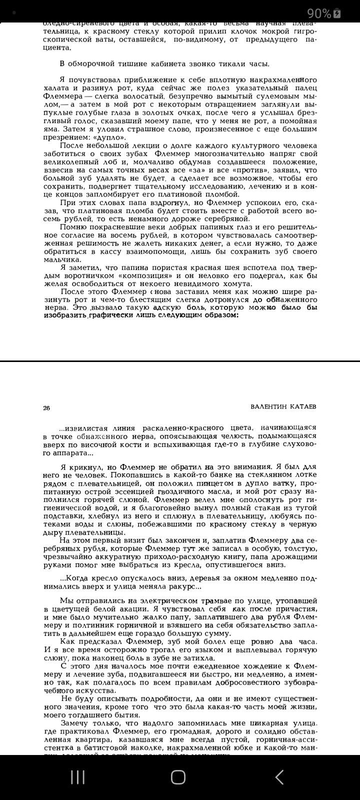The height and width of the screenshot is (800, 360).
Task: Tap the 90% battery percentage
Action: [x=319, y=13]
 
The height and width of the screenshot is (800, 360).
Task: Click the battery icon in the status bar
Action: [x=337, y=13]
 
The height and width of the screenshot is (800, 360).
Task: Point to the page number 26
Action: [x=46, y=407]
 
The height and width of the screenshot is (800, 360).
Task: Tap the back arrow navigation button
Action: [x=279, y=776]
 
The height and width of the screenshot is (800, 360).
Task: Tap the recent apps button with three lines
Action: [x=77, y=776]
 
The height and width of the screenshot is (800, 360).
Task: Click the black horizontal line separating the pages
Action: [x=180, y=361]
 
